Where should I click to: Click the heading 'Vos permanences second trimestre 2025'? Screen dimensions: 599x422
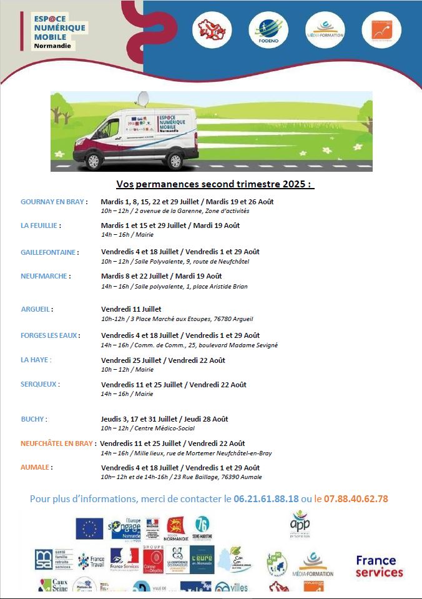(215, 185)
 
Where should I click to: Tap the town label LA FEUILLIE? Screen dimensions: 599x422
(42, 225)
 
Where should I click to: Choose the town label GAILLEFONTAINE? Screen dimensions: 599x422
(49, 252)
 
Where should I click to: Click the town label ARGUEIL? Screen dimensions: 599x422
(37, 309)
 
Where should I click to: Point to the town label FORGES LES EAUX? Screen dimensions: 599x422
(50, 335)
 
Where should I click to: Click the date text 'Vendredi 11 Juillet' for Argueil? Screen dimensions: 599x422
(131, 309)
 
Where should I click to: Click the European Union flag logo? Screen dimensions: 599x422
(89, 528)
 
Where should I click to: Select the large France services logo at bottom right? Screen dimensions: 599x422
(380, 566)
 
